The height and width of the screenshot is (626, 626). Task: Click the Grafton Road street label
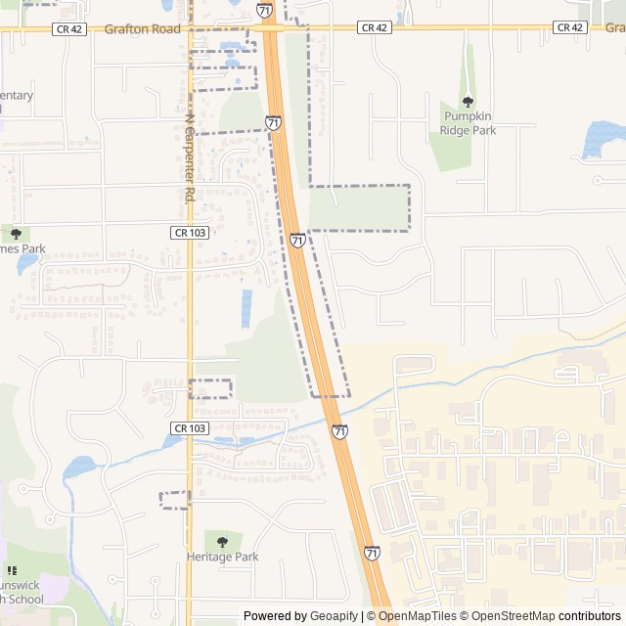pyautogui.click(x=142, y=29)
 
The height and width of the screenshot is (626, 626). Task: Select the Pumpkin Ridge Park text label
pyautogui.click(x=468, y=123)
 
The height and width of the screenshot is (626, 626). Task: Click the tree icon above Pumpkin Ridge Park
pyautogui.click(x=468, y=102)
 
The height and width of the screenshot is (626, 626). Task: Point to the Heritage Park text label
pyautogui.click(x=222, y=557)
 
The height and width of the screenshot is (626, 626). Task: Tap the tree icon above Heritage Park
pyautogui.click(x=222, y=541)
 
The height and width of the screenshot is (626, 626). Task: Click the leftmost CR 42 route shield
pyautogui.click(x=70, y=28)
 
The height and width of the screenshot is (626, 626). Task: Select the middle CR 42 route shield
pyautogui.click(x=375, y=27)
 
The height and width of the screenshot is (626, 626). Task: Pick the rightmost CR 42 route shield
pyautogui.click(x=569, y=27)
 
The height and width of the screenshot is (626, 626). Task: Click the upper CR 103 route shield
pyautogui.click(x=189, y=233)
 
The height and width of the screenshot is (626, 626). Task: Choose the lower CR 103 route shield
pyautogui.click(x=189, y=428)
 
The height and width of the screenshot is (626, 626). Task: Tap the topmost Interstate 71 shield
pyautogui.click(x=265, y=10)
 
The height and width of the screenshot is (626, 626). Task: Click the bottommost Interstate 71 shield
pyautogui.click(x=372, y=554)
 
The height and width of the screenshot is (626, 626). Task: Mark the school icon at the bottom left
pyautogui.click(x=12, y=570)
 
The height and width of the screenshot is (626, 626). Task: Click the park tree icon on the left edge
pyautogui.click(x=16, y=234)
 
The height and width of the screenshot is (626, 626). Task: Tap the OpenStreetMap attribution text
pyautogui.click(x=510, y=616)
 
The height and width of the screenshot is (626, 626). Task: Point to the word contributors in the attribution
pyautogui.click(x=590, y=616)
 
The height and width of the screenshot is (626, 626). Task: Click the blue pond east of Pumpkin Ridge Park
pyautogui.click(x=603, y=139)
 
